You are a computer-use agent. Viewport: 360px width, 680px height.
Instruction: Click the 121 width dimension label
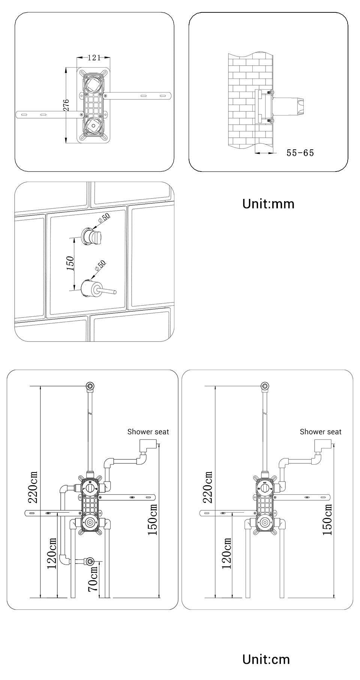[94, 58]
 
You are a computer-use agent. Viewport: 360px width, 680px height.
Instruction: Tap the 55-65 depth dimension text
[300, 153]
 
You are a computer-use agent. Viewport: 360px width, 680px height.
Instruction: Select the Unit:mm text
[268, 204]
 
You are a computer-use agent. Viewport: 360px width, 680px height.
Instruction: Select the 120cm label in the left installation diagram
[52, 553]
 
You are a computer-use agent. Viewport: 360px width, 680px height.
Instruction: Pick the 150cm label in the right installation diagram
[327, 519]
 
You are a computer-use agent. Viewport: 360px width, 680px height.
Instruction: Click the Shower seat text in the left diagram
[148, 432]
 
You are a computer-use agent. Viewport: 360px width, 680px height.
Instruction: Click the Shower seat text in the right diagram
[321, 432]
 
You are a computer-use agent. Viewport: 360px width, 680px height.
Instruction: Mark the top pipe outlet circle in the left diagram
[90, 386]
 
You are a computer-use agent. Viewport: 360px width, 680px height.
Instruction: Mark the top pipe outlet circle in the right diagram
[265, 386]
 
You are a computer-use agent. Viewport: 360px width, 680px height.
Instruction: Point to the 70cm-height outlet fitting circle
[90, 562]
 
